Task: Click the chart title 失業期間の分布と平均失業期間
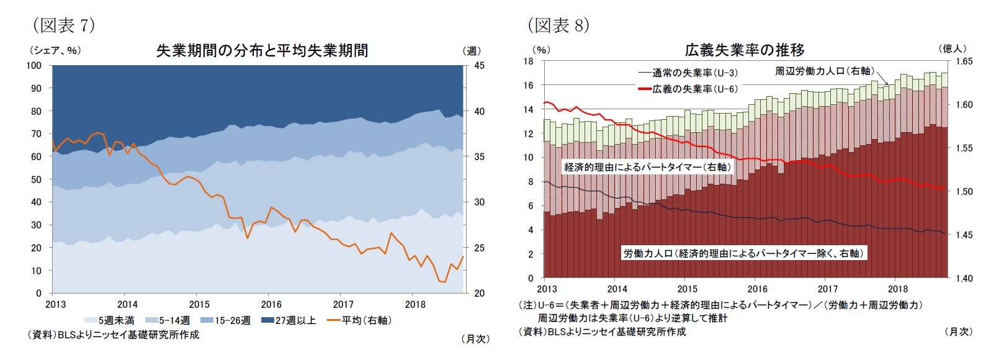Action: tap(262, 50)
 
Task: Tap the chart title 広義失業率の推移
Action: tap(745, 50)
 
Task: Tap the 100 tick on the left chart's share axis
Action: tap(34, 65)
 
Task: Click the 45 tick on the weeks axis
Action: tap(480, 65)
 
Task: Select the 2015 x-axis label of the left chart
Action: tap(199, 304)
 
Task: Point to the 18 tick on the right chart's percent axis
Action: tap(528, 61)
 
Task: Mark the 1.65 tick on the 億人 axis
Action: tap(964, 61)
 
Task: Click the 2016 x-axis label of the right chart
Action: tap(757, 289)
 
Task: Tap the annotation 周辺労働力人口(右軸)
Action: tap(824, 71)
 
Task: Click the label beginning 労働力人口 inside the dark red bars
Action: tap(743, 253)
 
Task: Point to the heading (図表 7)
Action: tap(63, 25)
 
